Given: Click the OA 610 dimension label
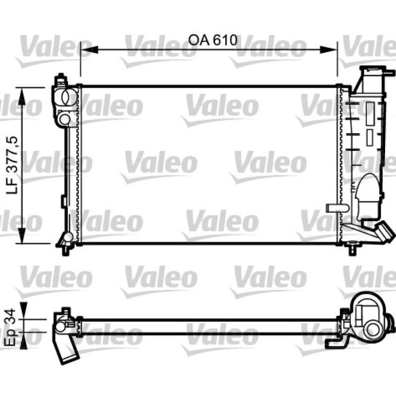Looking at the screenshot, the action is tap(213, 40).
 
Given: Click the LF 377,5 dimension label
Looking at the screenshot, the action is tap(13, 165).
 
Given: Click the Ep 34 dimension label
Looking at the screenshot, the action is tap(11, 327).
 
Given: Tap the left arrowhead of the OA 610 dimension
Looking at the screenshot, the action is tap(89, 50).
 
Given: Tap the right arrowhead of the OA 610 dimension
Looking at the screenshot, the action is tap(329, 50).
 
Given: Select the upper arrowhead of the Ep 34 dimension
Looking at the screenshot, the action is tap(23, 311).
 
